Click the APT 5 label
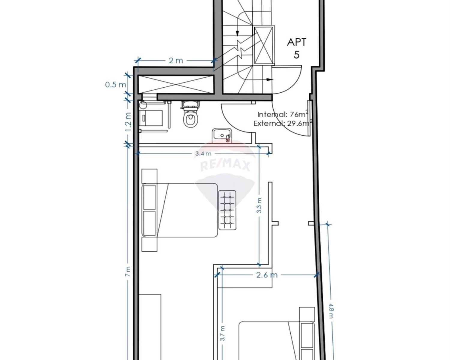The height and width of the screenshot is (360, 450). pos(296,48)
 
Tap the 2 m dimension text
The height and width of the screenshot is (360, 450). pos(176,61)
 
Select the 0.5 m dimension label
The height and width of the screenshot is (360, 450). pos(115,85)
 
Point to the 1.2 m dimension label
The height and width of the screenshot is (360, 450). pos(128,122)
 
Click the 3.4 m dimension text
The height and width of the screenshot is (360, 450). pos(203,154)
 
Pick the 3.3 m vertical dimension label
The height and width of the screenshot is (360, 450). pos(259,205)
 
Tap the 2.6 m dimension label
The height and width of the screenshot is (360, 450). pos(267,275)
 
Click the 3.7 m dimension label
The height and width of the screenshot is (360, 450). pos(223,333)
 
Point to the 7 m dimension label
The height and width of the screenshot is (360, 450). pos(128,271)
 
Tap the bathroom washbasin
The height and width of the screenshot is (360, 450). pos(222,136)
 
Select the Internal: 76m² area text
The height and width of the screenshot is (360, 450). pos(283,114)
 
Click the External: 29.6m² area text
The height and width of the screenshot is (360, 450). pos(283,123)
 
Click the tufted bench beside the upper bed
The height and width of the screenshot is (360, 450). pos(227,210)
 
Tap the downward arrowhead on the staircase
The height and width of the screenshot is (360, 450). pos(237,34)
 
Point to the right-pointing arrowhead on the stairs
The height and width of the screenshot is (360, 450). pos(271,79)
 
